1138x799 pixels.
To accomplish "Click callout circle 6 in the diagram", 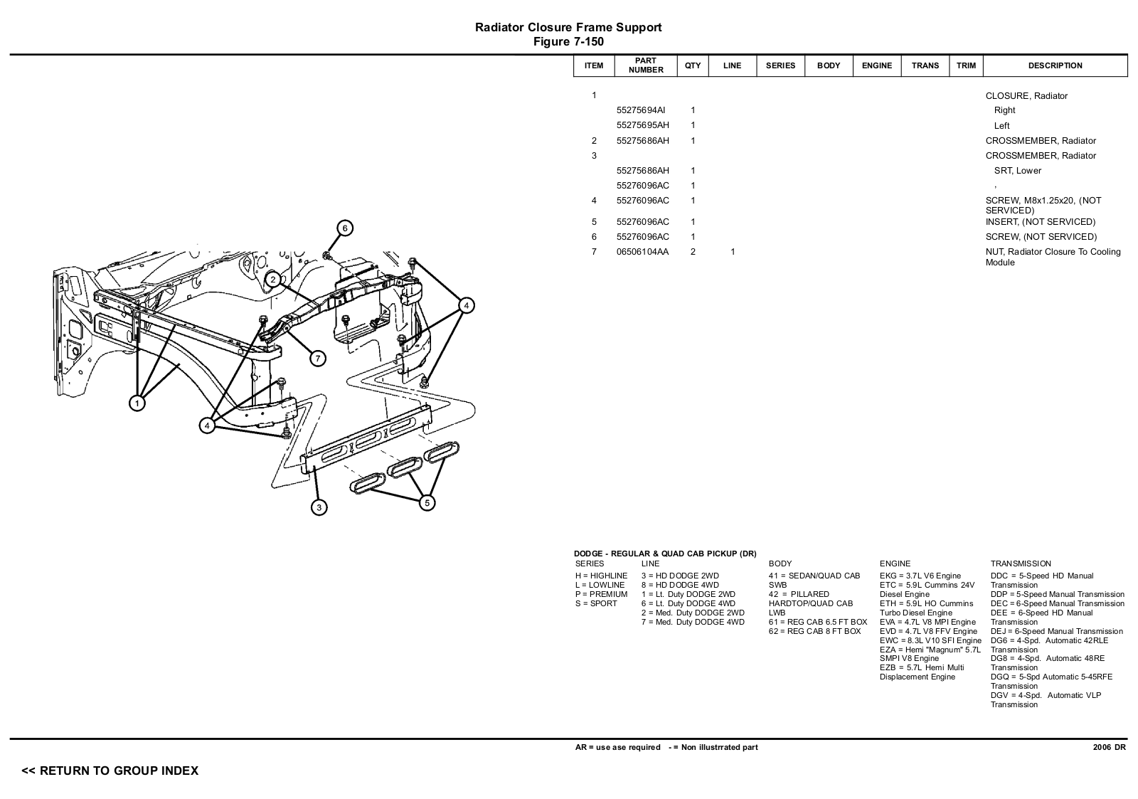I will pos(345,228).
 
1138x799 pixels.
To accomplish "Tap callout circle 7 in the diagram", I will pos(318,359).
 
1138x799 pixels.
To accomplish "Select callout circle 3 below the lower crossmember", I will pos(319,507).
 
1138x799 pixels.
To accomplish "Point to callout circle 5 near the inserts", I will pos(427,503).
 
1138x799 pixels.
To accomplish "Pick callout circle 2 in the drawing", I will pos(273,280).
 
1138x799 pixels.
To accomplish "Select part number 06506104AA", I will pos(642,252).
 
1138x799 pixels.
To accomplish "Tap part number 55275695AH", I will pos(642,125).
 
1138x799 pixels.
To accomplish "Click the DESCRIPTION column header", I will pos(1055,65).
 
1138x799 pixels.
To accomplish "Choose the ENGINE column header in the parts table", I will pos(876,65).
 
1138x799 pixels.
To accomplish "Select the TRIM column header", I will pos(966,65).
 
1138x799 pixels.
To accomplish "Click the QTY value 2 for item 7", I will pos(693,252).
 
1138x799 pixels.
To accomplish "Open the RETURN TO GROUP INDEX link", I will pos(110,771).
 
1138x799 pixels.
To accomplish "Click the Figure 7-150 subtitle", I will pos(568,42).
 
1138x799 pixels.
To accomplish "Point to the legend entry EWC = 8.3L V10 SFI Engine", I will pos(930,640).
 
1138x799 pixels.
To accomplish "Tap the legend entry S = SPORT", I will pos(596,603).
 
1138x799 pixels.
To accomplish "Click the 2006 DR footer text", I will pos(1110,747).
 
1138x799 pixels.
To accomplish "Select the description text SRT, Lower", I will pos(1018,171).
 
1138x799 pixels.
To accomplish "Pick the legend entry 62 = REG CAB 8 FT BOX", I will pos(814,631).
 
